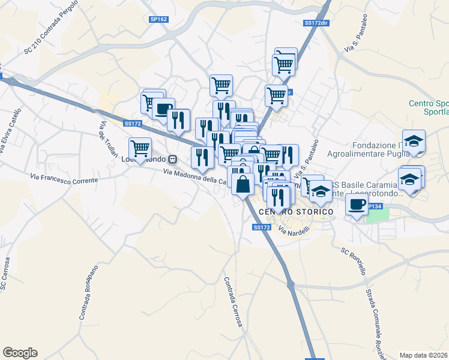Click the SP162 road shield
pos(159,19)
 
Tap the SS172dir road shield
pos(316,23)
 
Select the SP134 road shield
pos(374,206)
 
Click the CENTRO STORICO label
pos(295,212)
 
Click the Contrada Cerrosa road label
pos(233,302)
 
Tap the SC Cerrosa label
pos(5,275)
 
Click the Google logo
pos(20,353)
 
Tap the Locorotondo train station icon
pos(172,160)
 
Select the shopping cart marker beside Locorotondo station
pos(140,147)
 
